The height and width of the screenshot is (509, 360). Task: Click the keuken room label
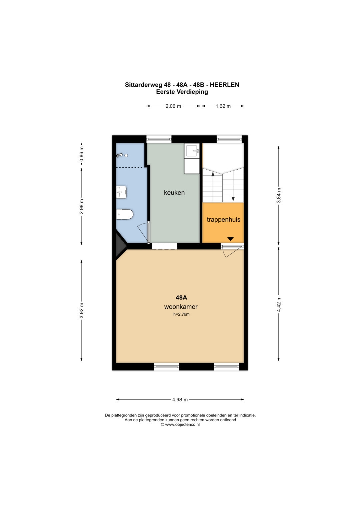(x=174, y=193)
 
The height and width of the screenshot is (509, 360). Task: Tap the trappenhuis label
(x=223, y=220)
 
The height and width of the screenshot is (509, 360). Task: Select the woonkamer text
(x=181, y=307)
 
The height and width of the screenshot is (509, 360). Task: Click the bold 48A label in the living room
(x=181, y=297)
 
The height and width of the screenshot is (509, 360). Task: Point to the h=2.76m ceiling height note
(x=181, y=314)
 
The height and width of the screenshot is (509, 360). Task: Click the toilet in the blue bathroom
(x=125, y=214)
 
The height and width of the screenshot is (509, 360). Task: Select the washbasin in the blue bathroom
(x=121, y=192)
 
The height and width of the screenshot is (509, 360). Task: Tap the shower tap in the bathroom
(x=119, y=155)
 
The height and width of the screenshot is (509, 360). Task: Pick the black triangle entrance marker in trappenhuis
(x=230, y=239)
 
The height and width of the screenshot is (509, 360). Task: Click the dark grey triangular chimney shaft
(x=120, y=246)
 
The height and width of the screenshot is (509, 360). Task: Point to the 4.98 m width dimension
(x=180, y=400)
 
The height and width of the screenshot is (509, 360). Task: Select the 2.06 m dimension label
(x=173, y=106)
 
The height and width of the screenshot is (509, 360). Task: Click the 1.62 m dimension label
(x=223, y=106)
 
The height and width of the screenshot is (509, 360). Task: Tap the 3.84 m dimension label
(x=279, y=196)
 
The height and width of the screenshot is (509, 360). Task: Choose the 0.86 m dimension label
(x=82, y=154)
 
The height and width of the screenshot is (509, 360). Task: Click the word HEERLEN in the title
(x=224, y=85)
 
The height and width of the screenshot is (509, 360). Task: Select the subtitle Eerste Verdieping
(x=182, y=92)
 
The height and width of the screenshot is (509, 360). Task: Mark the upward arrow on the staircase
(x=213, y=187)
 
